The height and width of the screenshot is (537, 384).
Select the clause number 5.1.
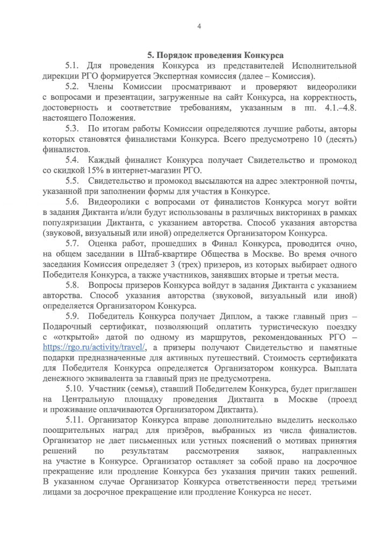pos(73,66)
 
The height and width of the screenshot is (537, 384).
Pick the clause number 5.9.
pos(73,317)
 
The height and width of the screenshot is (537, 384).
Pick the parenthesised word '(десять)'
pos(338,140)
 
